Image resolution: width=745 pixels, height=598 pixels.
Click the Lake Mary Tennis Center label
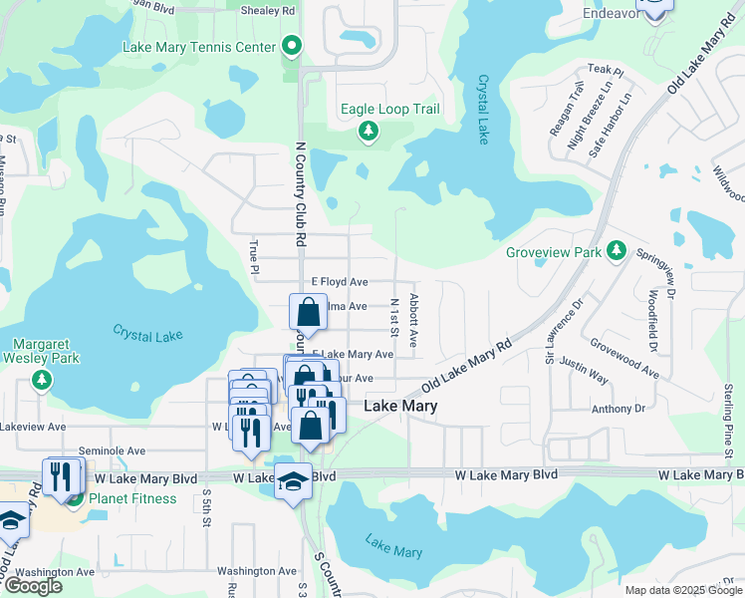point(199,47)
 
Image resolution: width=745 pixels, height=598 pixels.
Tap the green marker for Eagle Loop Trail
point(369,131)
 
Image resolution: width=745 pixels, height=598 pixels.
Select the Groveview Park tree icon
point(617,251)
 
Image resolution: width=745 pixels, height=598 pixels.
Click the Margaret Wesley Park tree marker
point(41,379)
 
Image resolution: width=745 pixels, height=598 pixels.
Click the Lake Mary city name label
point(400,407)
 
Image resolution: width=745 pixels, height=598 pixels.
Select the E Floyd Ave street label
point(340,283)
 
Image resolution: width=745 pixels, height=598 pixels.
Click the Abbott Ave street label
point(413,320)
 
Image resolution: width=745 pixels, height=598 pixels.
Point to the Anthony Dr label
point(619,409)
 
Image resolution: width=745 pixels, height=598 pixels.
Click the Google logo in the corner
point(34,586)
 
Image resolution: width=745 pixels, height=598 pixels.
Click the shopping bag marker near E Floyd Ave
point(309,312)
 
